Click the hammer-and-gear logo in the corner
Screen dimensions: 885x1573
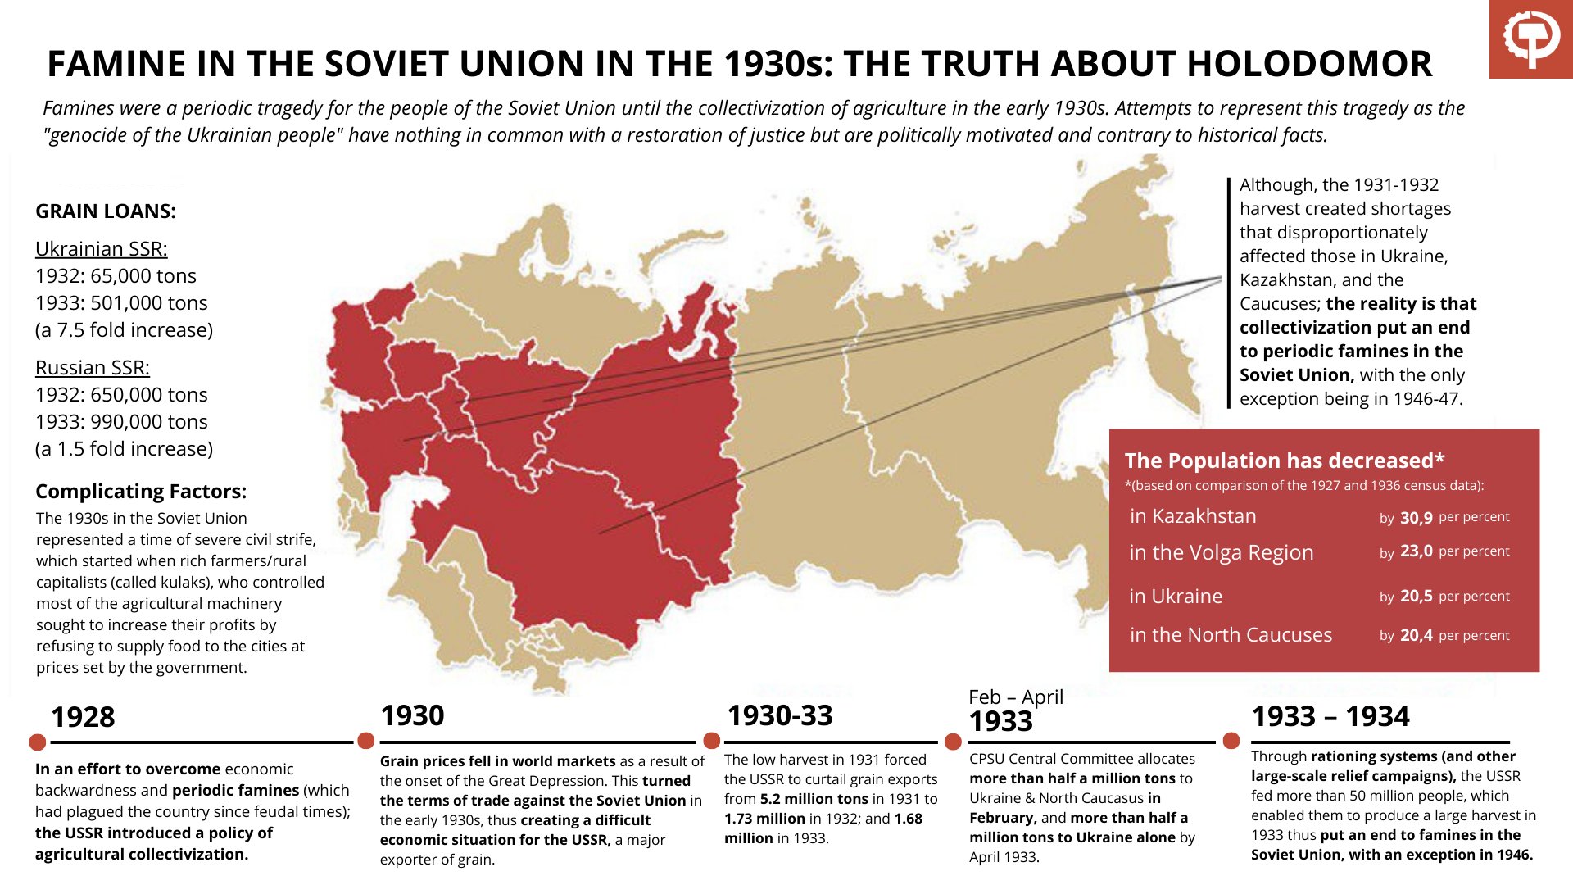click(x=1530, y=39)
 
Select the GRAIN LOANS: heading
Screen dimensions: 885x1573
click(x=106, y=211)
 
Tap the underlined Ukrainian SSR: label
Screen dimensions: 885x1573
click(x=101, y=249)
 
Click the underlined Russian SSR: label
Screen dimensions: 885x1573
click(x=93, y=368)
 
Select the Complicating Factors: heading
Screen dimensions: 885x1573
click(x=141, y=492)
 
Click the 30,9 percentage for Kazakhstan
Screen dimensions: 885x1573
click(x=1416, y=518)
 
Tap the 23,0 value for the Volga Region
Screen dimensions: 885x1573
click(x=1416, y=551)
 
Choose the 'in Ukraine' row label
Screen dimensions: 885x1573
click(x=1176, y=597)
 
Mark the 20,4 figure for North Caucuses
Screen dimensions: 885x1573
click(x=1416, y=636)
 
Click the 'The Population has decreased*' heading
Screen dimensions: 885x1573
click(x=1284, y=461)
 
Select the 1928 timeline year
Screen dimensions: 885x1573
click(x=83, y=718)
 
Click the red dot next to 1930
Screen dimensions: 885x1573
click(x=366, y=742)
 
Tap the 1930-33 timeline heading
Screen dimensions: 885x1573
click(x=779, y=716)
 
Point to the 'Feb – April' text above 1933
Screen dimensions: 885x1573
click(x=1016, y=697)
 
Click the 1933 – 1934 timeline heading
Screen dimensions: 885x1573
click(x=1330, y=717)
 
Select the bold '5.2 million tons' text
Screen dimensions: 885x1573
click(x=814, y=799)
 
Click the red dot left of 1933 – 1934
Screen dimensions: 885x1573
click(x=1231, y=742)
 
